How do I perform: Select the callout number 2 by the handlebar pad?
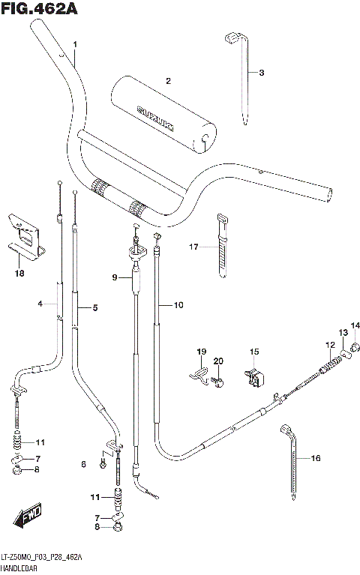pyautogui.click(x=169, y=81)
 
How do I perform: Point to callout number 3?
pyautogui.click(x=261, y=73)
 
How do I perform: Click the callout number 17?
pyautogui.click(x=193, y=247)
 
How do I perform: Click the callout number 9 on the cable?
pyautogui.click(x=115, y=277)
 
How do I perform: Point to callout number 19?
pyautogui.click(x=201, y=352)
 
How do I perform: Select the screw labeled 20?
pyautogui.click(x=217, y=382)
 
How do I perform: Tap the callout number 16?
pyautogui.click(x=315, y=458)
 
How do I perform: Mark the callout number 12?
pyautogui.click(x=328, y=345)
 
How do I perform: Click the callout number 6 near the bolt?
pyautogui.click(x=84, y=465)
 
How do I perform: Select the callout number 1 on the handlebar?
pyautogui.click(x=75, y=45)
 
